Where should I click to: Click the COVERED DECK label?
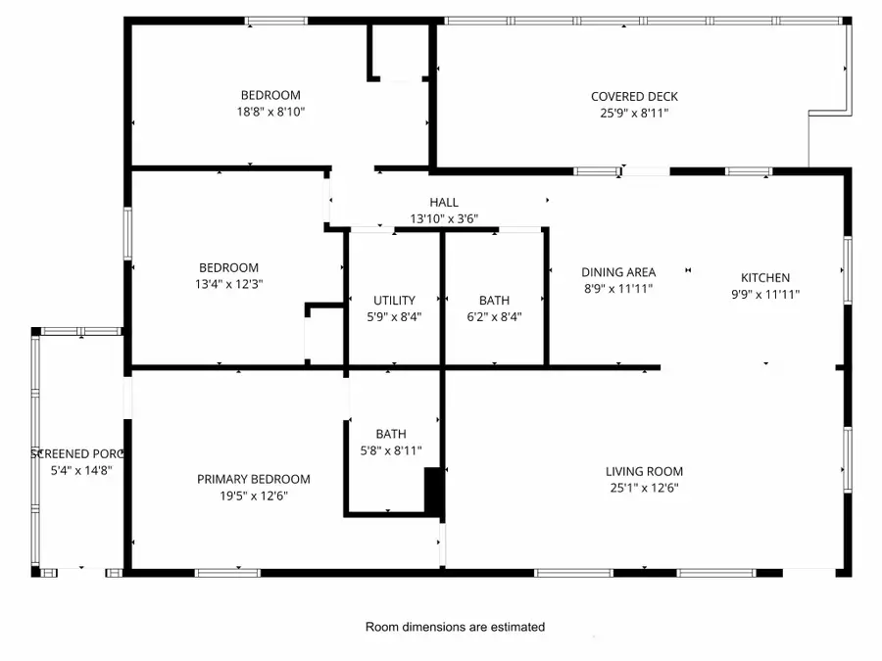click(634, 96)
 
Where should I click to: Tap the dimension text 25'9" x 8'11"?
click(634, 113)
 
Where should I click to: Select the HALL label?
click(443, 203)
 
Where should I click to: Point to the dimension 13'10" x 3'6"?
click(443, 219)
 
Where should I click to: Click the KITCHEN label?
click(764, 277)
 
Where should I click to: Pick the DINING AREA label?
click(617, 272)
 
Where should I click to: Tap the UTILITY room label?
click(394, 300)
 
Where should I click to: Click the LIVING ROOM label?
click(644, 471)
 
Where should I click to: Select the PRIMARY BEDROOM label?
click(253, 479)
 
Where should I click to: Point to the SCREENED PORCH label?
click(77, 453)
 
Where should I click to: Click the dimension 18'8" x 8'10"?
click(270, 112)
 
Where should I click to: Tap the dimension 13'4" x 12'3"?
click(228, 284)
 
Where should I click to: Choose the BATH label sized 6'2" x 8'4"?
click(494, 300)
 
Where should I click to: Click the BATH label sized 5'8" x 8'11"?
click(391, 434)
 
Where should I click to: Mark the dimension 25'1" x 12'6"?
click(644, 488)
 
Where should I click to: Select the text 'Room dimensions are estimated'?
click(455, 627)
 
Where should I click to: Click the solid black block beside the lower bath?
click(433, 491)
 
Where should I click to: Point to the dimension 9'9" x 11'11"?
click(764, 294)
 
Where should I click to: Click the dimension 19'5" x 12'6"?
click(253, 496)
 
